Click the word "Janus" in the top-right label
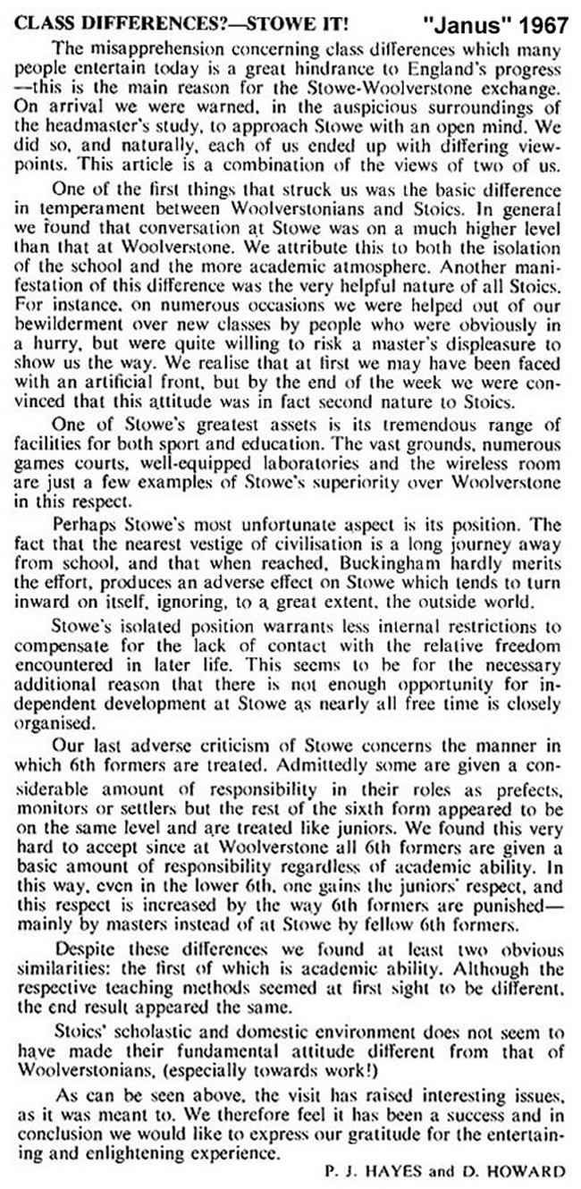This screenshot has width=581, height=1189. [x=467, y=18]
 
